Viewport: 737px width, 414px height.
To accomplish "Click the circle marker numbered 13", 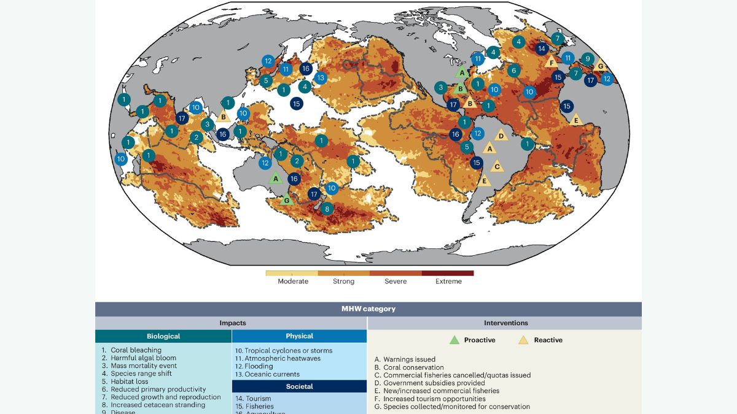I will [320, 78].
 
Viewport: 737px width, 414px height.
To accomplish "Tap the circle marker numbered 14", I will [541, 48].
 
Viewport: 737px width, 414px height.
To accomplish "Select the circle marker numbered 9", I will [587, 59].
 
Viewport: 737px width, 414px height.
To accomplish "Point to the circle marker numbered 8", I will [327, 209].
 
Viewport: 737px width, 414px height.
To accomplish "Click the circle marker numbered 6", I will [514, 71].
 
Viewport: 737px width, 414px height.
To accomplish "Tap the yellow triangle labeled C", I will [497, 166].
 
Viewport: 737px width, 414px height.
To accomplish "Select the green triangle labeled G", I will [286, 200].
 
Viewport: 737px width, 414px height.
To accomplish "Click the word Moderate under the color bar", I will [293, 282].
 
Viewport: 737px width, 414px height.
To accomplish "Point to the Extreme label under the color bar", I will [448, 282].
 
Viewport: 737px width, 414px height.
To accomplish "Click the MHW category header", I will [368, 309].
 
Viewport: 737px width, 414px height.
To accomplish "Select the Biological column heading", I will [163, 336].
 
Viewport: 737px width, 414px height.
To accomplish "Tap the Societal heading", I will [299, 386].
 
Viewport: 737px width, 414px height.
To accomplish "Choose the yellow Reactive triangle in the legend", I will [524, 340].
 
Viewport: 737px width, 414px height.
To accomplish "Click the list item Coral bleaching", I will [136, 350].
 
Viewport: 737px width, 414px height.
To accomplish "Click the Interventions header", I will [504, 323].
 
